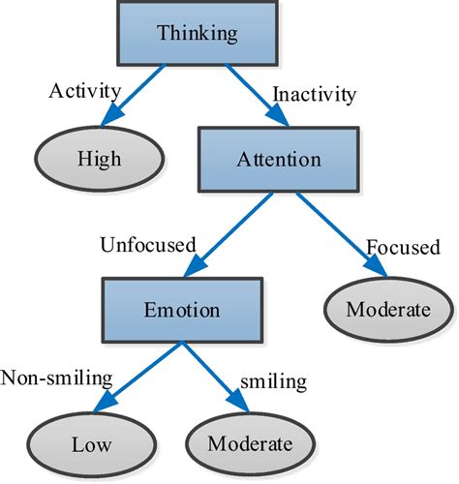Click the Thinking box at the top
(x=197, y=35)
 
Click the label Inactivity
(x=314, y=96)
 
